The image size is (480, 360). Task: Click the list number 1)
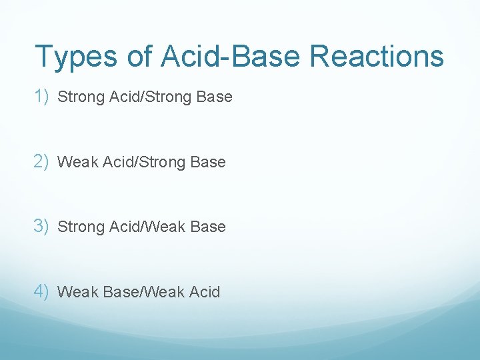point(43,97)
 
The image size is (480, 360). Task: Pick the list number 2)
point(43,161)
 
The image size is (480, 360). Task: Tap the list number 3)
point(43,226)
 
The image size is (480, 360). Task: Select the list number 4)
point(43,291)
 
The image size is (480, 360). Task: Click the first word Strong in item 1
point(78,97)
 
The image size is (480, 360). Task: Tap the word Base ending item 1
point(215,97)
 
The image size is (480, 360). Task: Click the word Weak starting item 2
point(77,162)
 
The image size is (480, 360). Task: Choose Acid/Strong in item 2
point(145,162)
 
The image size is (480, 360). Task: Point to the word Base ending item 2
point(208,162)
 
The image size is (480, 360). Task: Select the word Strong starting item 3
point(78,227)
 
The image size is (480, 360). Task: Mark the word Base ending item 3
point(208,227)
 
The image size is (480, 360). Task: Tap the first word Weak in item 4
point(77,292)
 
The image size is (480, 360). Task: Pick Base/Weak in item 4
point(140,292)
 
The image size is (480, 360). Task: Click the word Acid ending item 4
point(204,292)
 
